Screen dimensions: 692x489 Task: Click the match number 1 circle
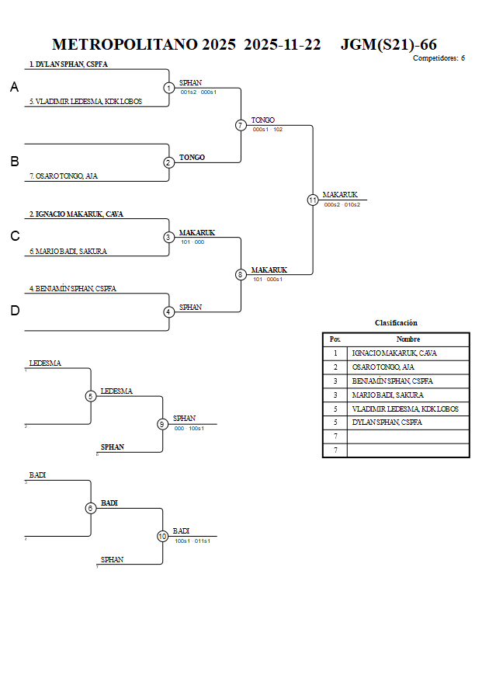[x=168, y=88]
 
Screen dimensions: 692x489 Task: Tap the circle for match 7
[x=241, y=125]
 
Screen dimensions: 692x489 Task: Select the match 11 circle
[x=313, y=200]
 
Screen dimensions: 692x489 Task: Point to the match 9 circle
[x=162, y=424]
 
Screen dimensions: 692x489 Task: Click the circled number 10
[x=162, y=536]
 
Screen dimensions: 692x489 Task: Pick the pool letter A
[x=14, y=88]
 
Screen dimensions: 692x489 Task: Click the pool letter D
[x=14, y=311]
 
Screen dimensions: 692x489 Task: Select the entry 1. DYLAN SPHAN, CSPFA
[x=68, y=64]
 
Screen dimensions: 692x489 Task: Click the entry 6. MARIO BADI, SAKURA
[x=68, y=251]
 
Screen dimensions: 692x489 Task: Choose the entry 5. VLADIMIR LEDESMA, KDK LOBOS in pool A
[x=85, y=102]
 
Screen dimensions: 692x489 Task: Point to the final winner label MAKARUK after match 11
[x=340, y=195]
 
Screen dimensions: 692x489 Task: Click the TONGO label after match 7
[x=262, y=120]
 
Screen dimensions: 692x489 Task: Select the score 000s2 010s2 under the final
[x=342, y=205]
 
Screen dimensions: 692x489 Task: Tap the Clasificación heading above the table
[x=396, y=323]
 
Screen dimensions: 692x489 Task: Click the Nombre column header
[x=408, y=339]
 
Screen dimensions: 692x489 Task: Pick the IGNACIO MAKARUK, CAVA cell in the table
[x=394, y=353]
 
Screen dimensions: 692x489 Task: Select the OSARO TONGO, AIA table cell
[x=383, y=367]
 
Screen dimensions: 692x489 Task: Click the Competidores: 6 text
[x=439, y=58]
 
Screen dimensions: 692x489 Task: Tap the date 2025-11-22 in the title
[x=282, y=45]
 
